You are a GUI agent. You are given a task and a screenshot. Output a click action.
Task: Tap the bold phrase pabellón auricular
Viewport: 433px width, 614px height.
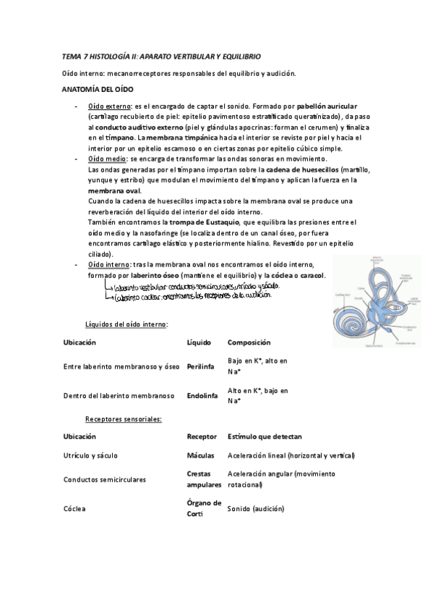327,106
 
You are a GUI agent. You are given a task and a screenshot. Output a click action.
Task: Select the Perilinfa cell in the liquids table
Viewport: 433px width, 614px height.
200,367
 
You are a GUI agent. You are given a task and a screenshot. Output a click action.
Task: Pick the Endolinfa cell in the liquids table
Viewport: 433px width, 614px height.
202,396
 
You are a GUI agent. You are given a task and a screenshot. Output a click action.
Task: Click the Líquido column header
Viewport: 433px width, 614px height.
199,342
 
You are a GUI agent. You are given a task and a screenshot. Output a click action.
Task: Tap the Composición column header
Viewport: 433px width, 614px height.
249,342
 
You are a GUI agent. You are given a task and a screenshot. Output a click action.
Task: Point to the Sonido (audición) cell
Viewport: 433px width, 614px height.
256,508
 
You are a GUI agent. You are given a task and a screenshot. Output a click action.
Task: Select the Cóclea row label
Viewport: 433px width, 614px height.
74,508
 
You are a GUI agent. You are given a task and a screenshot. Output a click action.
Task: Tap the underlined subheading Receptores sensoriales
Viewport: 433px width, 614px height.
123,419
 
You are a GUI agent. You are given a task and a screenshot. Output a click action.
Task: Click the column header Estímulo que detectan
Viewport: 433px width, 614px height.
265,437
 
